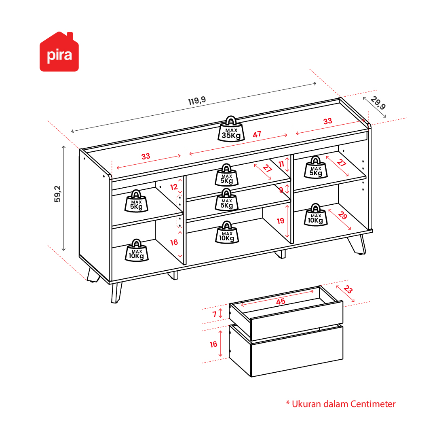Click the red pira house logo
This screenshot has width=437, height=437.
coord(59,52)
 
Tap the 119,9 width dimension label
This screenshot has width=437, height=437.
coord(197,101)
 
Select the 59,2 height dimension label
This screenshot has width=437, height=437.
coord(57,194)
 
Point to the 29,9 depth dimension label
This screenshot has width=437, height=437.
coord(378,103)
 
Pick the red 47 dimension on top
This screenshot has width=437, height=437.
coord(257,134)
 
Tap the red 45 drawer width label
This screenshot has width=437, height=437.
coord(281,301)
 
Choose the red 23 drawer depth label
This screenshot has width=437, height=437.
coord(348,289)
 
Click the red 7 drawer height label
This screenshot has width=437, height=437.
coord(214,314)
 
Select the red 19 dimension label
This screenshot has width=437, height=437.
coord(281,221)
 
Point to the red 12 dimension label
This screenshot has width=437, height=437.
coord(174,187)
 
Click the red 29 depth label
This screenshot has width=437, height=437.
coord(342,215)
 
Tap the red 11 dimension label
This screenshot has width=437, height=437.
coord(281,164)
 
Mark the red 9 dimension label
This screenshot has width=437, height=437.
coord(281,190)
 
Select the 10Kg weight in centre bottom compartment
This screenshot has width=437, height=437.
coord(227,232)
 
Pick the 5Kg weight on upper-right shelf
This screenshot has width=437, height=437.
coord(315,167)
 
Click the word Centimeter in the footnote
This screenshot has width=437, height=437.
coord(373,404)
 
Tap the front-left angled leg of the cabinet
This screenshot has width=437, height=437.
coord(116,293)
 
